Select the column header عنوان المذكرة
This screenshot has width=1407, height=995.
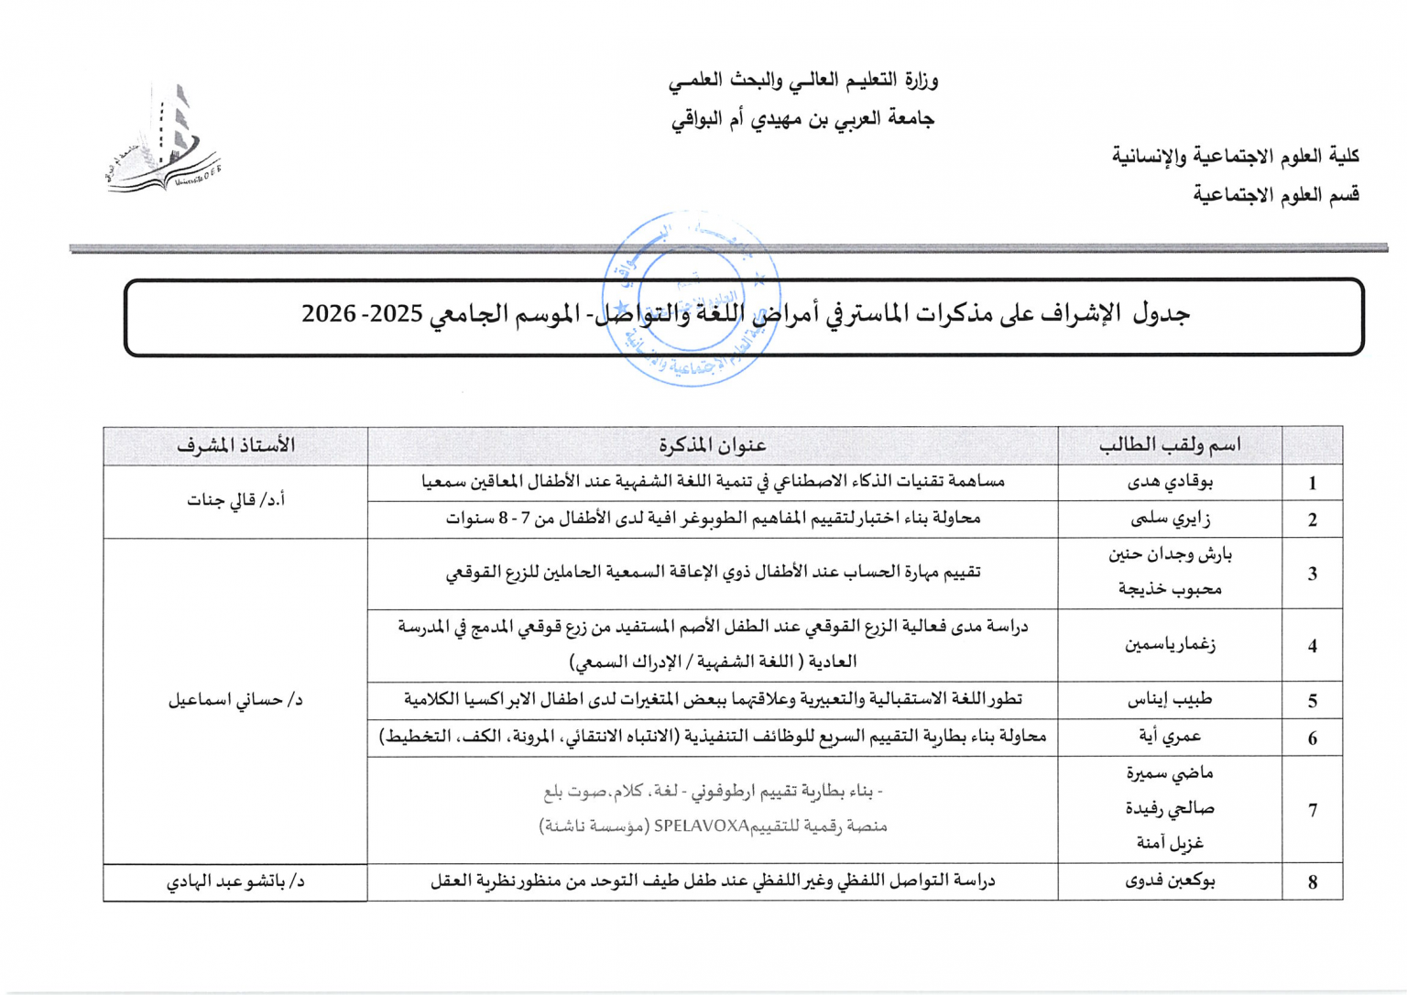(x=712, y=446)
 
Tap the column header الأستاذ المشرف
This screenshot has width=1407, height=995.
(x=235, y=446)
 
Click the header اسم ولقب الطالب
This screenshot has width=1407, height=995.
(x=1170, y=446)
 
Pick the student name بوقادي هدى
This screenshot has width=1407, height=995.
(x=1170, y=482)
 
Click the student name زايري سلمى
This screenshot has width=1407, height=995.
(x=1170, y=519)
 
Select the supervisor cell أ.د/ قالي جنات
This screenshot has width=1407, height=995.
(x=235, y=500)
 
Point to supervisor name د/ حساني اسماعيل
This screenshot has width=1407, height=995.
(x=235, y=700)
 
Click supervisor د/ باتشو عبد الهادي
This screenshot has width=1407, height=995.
(x=235, y=881)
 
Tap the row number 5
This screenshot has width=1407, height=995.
(x=1312, y=701)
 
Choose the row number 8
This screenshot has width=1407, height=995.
(x=1312, y=882)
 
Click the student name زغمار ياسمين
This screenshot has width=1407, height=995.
(x=1170, y=645)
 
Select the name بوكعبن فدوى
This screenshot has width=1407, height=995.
(x=1170, y=881)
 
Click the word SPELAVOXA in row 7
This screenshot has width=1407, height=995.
(x=702, y=826)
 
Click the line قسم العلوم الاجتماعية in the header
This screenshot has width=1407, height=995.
(x=1275, y=194)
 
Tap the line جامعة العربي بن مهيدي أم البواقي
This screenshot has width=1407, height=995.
(x=802, y=119)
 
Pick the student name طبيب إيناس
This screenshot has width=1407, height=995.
(x=1170, y=700)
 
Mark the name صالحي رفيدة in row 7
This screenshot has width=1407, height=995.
(x=1170, y=808)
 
